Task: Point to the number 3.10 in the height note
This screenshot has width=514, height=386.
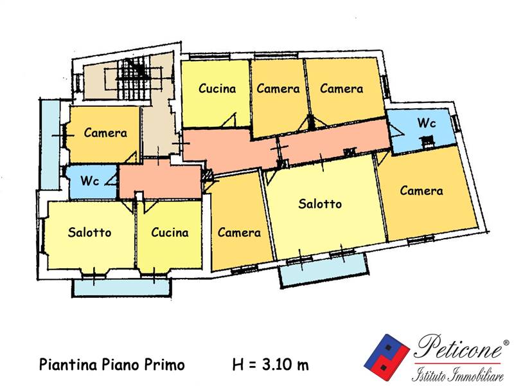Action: pos(276,364)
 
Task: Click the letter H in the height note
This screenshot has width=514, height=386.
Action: pos(238,364)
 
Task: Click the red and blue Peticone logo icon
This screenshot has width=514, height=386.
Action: pos(387,357)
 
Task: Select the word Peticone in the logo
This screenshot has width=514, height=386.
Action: pos(458,347)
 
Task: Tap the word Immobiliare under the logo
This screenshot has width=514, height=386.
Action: pos(477,375)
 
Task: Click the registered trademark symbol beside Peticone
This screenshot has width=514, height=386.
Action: pos(506,343)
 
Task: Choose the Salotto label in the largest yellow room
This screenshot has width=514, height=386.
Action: pos(320,204)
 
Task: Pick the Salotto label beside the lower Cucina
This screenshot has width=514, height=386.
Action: pos(89,232)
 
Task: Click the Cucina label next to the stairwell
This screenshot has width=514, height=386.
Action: pos(217,89)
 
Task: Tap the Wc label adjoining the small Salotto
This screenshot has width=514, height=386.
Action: pos(89,181)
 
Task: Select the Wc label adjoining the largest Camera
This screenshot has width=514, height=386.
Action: pos(427,123)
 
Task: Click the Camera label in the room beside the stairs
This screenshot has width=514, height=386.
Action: pos(105,133)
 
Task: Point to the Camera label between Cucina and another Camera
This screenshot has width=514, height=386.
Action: pos(278,89)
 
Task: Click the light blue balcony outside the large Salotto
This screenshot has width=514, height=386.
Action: pos(324,270)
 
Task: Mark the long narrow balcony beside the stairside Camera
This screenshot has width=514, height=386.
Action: pos(50,144)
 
